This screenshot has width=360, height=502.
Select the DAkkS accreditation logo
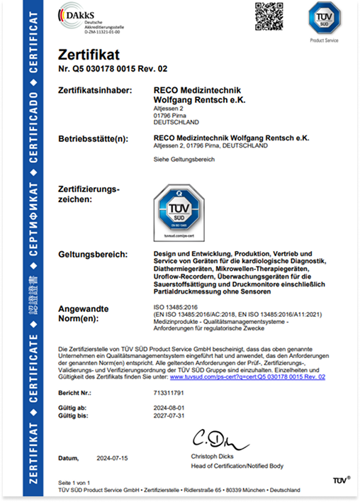91,17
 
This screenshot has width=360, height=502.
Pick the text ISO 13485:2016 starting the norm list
174,307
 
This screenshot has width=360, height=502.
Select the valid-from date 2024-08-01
168,408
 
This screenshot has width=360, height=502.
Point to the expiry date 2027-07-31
168,416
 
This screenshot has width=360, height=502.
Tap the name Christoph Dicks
213,456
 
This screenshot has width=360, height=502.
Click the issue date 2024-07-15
113,459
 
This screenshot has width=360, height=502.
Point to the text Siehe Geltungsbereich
184,160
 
